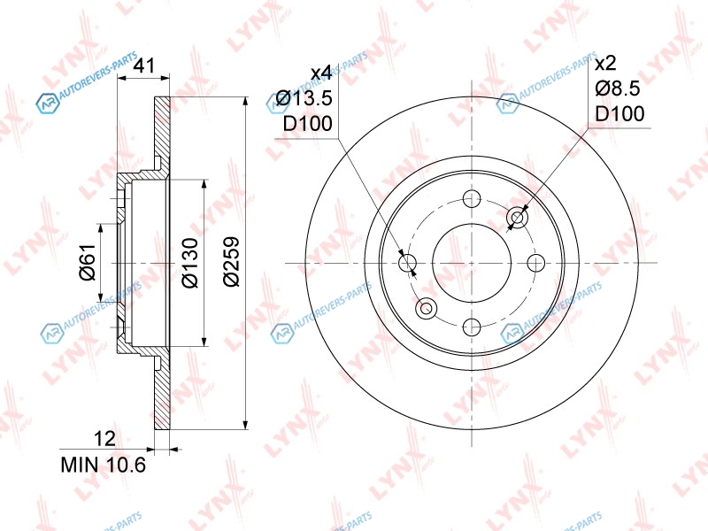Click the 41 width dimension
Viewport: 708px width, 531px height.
coord(144,65)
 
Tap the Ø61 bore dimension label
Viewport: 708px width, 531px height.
coord(88,262)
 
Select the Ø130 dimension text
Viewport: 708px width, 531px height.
coord(190,263)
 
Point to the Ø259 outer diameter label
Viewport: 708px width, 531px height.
coord(231,261)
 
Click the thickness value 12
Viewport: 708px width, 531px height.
coord(104,438)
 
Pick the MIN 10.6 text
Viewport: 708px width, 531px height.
coord(104,465)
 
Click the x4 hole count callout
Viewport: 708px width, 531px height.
coord(321,73)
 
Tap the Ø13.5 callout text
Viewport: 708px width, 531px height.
coord(304,98)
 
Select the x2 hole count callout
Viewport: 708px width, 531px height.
coord(605,63)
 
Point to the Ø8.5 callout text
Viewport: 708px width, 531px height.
coord(618,88)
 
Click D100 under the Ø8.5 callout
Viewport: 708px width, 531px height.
coord(620,114)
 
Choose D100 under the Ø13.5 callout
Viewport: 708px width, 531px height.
coord(307,123)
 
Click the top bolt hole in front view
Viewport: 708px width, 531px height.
coord(472,198)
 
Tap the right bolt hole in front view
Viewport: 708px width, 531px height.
coord(536,263)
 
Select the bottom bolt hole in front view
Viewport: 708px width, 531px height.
coord(472,327)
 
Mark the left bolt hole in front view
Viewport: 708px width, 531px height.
coord(408,263)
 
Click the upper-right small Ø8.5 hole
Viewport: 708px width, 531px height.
coord(518,218)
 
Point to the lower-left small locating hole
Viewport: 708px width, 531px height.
coord(427,309)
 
